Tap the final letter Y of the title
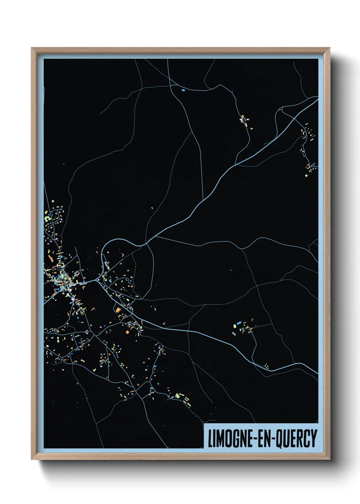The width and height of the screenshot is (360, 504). [313, 438]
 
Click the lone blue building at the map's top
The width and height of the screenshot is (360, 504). [183, 90]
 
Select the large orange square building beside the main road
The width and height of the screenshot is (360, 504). [118, 310]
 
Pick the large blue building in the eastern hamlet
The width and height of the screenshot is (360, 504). [239, 322]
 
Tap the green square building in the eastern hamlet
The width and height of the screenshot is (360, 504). [235, 326]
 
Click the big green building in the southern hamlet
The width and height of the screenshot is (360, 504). [177, 396]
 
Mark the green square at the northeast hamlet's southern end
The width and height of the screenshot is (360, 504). [306, 176]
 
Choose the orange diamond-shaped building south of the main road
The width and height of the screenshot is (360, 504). [128, 332]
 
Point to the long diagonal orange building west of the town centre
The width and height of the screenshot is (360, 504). [51, 258]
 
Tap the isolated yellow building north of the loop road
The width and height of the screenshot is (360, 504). [152, 208]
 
